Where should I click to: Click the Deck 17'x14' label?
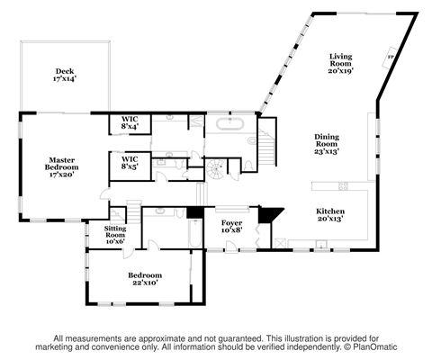tap(65, 75)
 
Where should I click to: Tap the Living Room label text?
tap(340, 60)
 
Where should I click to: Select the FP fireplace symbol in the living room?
tap(390, 57)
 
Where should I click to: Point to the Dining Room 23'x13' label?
tap(327, 144)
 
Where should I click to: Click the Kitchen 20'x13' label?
tap(330, 215)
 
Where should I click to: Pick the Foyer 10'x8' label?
tap(231, 227)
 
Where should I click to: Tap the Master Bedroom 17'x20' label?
tap(61, 167)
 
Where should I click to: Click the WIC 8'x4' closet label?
tap(130, 123)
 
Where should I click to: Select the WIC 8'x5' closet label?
tap(130, 163)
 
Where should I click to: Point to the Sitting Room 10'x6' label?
tap(115, 235)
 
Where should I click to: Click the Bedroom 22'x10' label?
tap(145, 279)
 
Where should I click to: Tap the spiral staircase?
tap(215, 169)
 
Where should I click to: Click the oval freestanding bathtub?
tap(229, 123)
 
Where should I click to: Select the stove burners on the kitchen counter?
tap(343, 186)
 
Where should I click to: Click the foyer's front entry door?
tap(230, 247)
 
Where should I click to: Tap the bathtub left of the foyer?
tap(195, 233)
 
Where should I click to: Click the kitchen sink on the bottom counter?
tap(321, 244)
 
